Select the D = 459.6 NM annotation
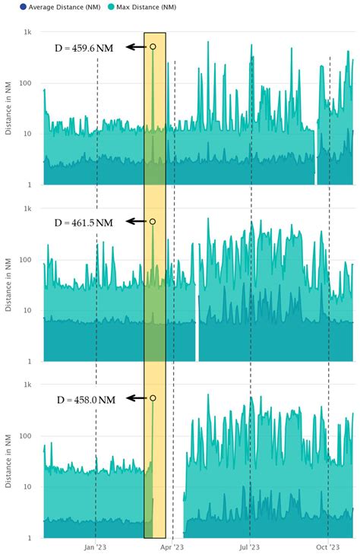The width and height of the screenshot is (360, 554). pyautogui.click(x=84, y=48)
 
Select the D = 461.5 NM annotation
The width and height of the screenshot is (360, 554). pyautogui.click(x=84, y=223)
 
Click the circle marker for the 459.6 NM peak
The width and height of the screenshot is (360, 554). pyautogui.click(x=153, y=47)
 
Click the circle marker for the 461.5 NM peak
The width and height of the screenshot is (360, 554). pyautogui.click(x=153, y=221)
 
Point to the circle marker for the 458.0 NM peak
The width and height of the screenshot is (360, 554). pyautogui.click(x=153, y=398)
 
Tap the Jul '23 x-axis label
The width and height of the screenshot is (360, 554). pyautogui.click(x=250, y=546)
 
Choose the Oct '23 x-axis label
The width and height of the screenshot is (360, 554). pyautogui.click(x=327, y=546)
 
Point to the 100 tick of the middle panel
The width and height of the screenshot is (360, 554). pyautogui.click(x=24, y=260)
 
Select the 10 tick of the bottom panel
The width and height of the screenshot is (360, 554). pyautogui.click(x=27, y=487)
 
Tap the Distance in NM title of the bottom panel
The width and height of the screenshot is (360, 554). pyautogui.click(x=9, y=462)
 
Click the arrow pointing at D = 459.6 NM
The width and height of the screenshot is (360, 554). pyautogui.click(x=136, y=47)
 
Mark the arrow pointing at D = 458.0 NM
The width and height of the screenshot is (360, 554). pyautogui.click(x=136, y=398)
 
